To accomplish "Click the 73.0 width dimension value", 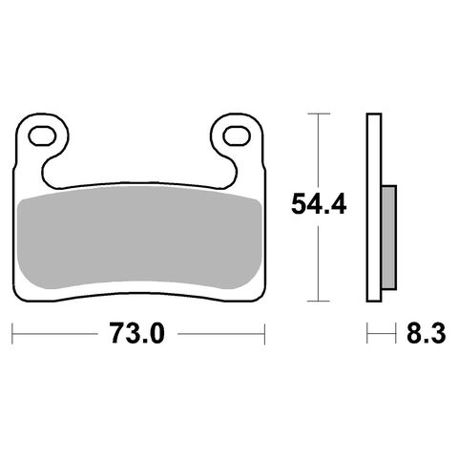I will (139, 334).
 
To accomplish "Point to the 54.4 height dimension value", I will (317, 202).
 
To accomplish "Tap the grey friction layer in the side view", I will (389, 236).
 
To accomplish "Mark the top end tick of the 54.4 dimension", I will (317, 114).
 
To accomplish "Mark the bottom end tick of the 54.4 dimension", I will (317, 302).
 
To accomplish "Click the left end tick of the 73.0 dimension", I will (12, 334).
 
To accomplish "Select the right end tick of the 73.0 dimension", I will (263, 334).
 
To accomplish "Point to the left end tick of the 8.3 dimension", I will (367, 334).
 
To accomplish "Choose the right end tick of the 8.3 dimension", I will (396, 334).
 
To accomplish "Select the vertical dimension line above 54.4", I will (317, 148).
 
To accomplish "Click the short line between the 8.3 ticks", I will (382, 334).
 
